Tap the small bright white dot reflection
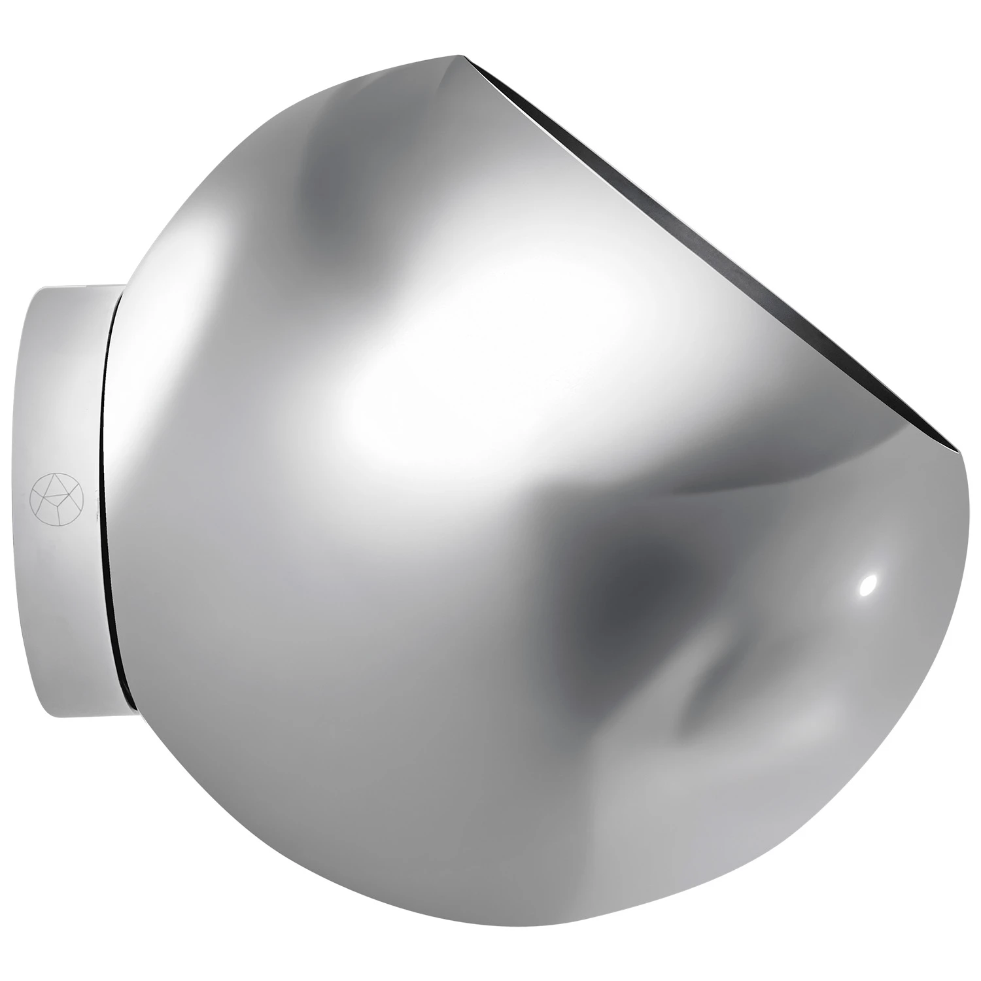(x=868, y=585)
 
